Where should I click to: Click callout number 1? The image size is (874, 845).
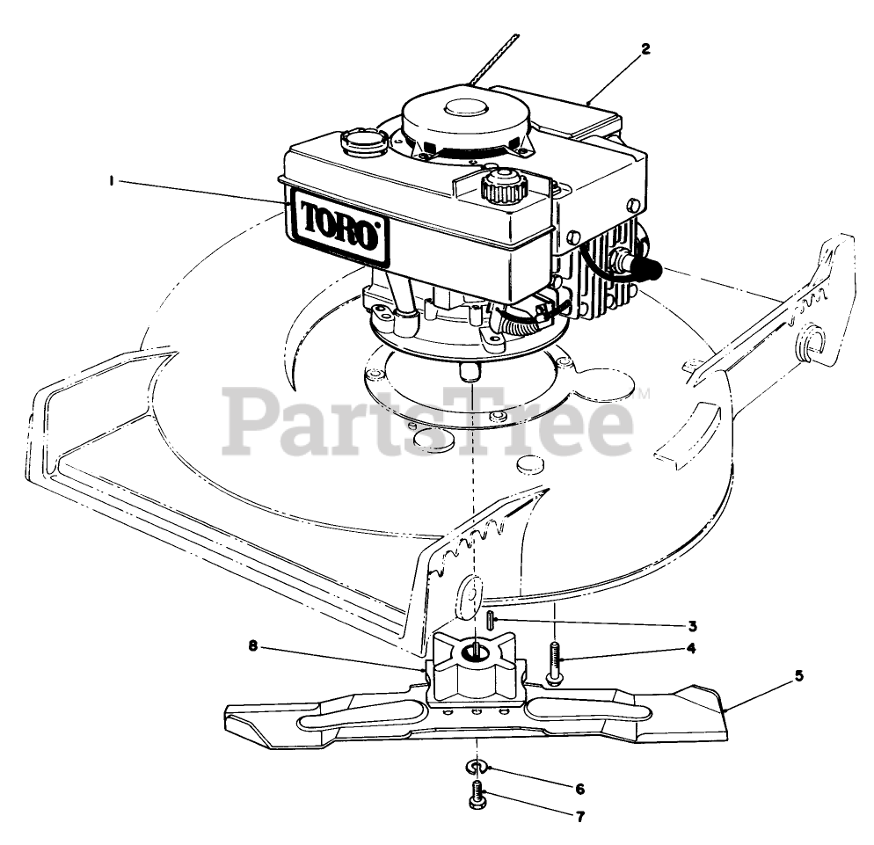point(112,180)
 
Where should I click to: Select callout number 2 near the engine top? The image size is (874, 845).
point(645,49)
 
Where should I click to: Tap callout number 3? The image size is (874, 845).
point(693,626)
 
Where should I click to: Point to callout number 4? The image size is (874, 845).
point(692,649)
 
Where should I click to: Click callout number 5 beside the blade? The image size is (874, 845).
point(798,676)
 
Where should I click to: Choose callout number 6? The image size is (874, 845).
point(580,788)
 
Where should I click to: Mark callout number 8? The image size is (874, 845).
point(254,646)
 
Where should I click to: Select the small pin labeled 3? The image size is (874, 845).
point(487,619)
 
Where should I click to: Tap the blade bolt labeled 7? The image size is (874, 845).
point(475,799)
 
